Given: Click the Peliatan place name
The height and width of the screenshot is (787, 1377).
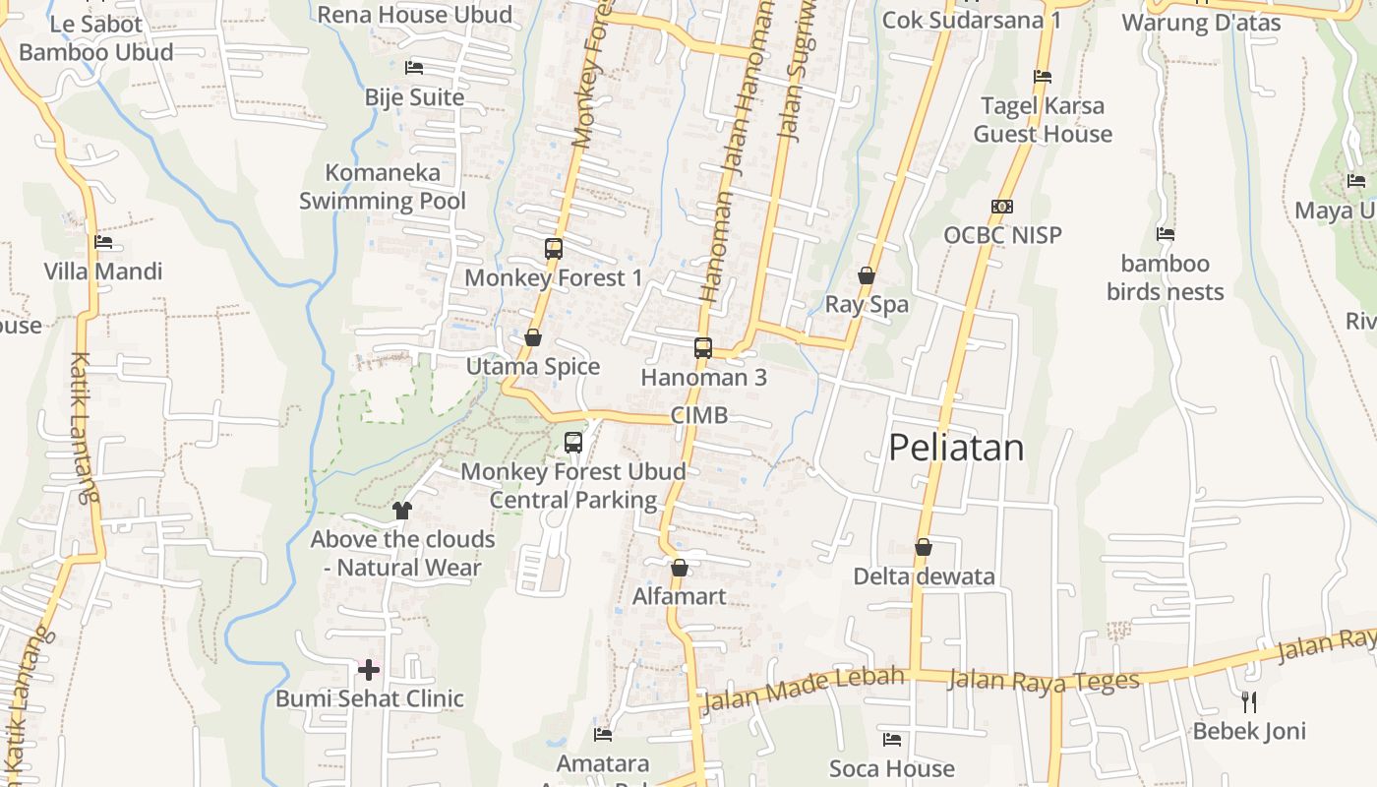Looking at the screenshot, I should click(x=956, y=448).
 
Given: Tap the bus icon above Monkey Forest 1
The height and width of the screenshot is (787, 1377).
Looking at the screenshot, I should click(x=554, y=249).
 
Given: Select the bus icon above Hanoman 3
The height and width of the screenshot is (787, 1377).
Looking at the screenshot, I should click(x=702, y=347).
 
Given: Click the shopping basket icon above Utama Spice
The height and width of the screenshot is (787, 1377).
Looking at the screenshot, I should click(x=533, y=338).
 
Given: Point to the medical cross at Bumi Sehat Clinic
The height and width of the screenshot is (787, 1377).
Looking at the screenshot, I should click(x=369, y=670).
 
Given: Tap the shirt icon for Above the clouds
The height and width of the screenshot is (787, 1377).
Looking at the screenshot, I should click(x=402, y=510).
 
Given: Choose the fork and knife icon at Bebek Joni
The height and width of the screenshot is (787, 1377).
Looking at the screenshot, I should click(x=1249, y=701).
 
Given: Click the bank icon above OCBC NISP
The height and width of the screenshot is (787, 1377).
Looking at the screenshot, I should click(x=1002, y=207).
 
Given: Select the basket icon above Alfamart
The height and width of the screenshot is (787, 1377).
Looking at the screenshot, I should click(x=679, y=568).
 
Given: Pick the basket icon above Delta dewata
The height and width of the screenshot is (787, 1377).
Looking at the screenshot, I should click(x=924, y=547).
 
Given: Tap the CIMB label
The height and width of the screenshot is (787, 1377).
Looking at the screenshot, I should click(x=699, y=415).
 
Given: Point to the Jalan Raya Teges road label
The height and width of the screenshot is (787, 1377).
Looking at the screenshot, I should click(x=1043, y=680).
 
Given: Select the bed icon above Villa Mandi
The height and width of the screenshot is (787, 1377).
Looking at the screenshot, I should click(x=103, y=242).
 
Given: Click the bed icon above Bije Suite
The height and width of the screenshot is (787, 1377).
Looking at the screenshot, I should click(x=414, y=68).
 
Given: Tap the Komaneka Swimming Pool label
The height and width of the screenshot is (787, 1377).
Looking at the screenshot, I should click(x=383, y=187).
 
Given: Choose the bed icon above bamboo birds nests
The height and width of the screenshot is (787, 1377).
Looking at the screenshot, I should click(x=1166, y=234).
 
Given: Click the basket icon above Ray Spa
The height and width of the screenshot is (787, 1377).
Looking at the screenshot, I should click(x=867, y=275).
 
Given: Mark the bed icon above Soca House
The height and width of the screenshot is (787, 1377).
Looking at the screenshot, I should click(x=892, y=739).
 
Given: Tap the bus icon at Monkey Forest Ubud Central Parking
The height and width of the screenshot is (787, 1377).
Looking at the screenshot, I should click(x=573, y=443).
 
